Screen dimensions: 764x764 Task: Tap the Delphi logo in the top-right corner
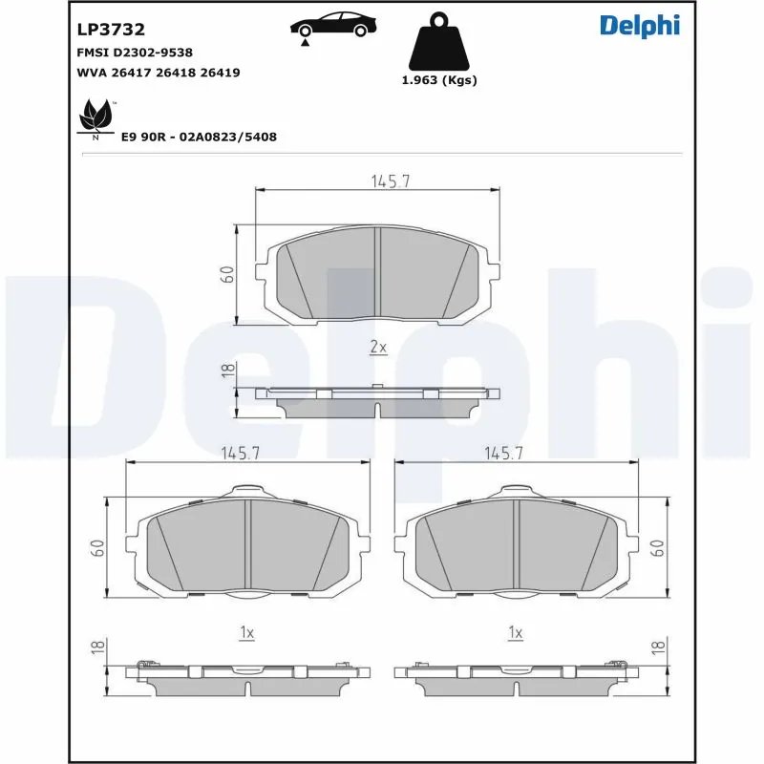tap(639, 26)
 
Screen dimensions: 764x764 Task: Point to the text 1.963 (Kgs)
tap(439, 80)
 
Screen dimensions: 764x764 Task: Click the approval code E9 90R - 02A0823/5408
tap(199, 137)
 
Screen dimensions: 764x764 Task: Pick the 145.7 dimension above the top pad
tap(390, 181)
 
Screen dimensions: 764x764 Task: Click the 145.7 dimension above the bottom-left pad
tap(241, 454)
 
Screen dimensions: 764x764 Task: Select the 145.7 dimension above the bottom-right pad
tap(505, 454)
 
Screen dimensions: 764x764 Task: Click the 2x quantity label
tap(378, 349)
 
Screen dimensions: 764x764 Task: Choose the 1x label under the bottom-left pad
tap(246, 631)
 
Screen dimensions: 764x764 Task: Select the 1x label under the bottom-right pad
tap(516, 631)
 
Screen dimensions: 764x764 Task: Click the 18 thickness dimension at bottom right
tap(657, 647)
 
